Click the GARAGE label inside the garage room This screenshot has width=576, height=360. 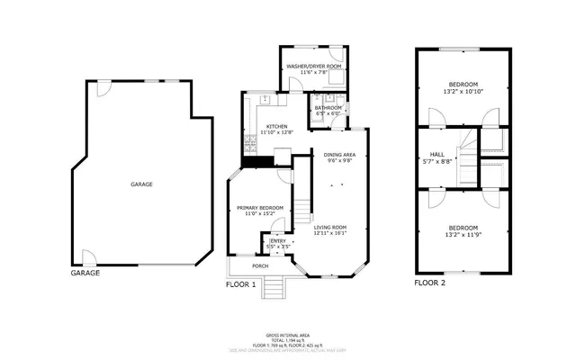point(141,184)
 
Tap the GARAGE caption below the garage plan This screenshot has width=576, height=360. point(85,273)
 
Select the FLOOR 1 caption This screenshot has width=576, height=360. point(241,283)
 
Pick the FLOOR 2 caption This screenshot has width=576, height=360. point(430,283)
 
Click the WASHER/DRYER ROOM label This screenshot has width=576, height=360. point(312,67)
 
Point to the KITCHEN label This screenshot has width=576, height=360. point(276,126)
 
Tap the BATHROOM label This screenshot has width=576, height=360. point(327,107)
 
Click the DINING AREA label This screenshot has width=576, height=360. point(337,155)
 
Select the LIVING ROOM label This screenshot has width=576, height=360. point(330,227)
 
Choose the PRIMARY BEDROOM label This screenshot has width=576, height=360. point(260,208)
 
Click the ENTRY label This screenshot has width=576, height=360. point(278,240)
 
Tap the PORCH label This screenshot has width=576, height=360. point(260,266)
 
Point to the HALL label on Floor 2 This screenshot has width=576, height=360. point(437,154)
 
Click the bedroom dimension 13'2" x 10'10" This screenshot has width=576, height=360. point(463,91)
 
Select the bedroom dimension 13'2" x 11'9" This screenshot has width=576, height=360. point(463,233)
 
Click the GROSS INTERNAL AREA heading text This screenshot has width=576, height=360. point(287,333)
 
